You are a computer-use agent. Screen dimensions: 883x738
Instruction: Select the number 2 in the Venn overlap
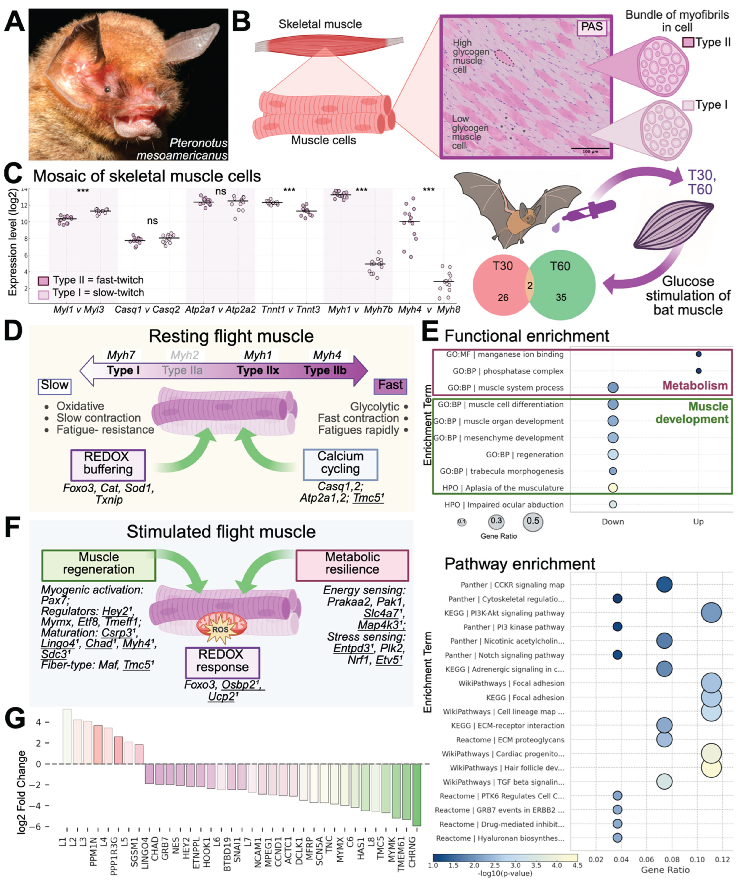click(x=530, y=285)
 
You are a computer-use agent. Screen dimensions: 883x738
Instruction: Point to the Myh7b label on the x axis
click(x=378, y=309)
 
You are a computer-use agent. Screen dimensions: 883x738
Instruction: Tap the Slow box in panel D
click(x=54, y=385)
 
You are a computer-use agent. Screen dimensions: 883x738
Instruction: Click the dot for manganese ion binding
click(x=698, y=354)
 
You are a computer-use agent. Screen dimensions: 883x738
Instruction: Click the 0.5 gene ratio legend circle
click(x=533, y=522)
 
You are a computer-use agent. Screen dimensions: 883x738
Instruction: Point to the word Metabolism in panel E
click(x=695, y=386)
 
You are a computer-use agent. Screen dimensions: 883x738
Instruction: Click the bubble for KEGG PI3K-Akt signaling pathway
click(x=711, y=613)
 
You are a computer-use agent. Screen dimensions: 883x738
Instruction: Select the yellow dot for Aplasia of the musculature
click(x=613, y=488)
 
